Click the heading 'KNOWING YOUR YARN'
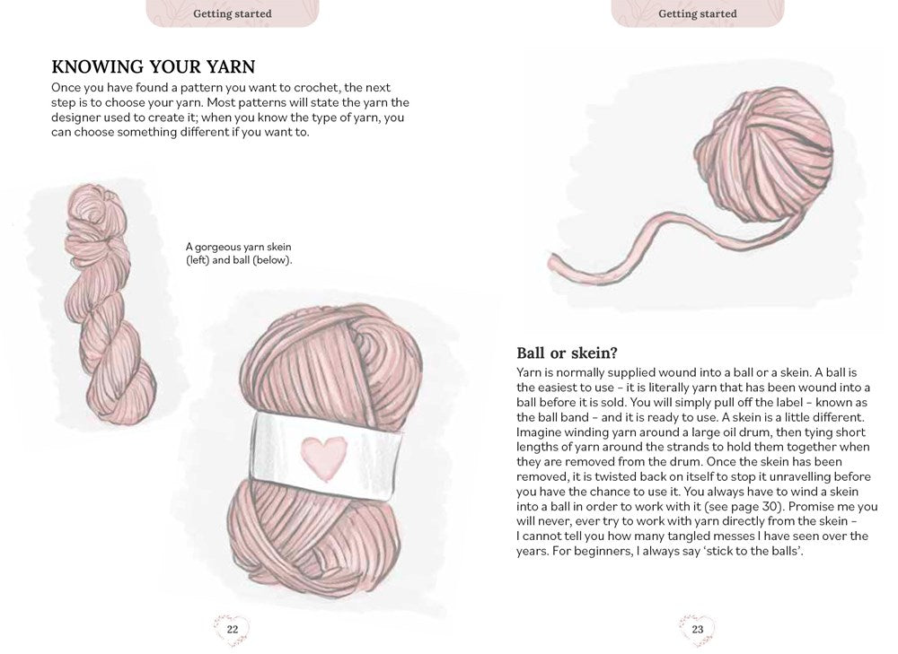click(154, 66)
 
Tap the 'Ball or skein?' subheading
click(572, 353)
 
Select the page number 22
click(232, 630)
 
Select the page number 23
click(698, 630)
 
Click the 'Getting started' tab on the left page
click(232, 13)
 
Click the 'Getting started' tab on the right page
click(698, 13)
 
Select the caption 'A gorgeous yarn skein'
click(239, 247)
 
